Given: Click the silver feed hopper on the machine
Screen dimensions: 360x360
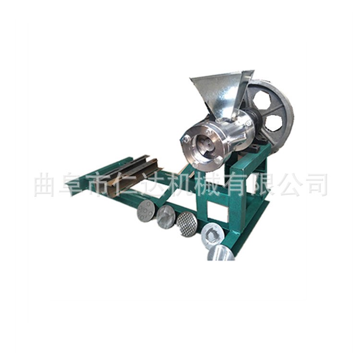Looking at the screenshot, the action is pyautogui.click(x=220, y=92).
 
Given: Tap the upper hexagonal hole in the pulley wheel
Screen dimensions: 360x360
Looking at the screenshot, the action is pyautogui.click(x=263, y=101).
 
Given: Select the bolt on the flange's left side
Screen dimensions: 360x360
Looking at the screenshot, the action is pyautogui.click(x=185, y=138).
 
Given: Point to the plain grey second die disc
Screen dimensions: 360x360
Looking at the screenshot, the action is pyautogui.click(x=166, y=216).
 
